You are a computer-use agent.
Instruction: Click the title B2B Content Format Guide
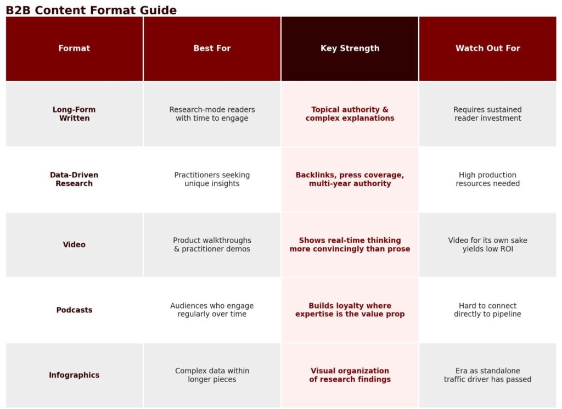point(91,10)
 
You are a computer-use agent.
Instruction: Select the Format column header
point(74,48)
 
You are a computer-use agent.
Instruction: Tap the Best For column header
point(212,48)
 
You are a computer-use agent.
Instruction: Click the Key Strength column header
point(350,48)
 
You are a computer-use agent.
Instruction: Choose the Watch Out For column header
point(487,48)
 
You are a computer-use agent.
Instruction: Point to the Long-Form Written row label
point(74,114)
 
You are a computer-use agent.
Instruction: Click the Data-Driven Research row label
point(74,179)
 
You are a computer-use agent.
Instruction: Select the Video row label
point(74,244)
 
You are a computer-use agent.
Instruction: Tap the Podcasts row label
point(74,310)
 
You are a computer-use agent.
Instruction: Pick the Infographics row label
point(74,375)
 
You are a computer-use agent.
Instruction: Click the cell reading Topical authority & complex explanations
point(350,114)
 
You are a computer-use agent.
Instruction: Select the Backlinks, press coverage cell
point(350,179)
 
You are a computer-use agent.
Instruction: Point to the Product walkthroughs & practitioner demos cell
point(212,244)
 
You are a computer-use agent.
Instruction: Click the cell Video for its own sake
point(487,244)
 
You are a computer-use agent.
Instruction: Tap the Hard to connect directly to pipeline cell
point(487,310)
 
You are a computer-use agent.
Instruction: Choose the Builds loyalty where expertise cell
point(350,310)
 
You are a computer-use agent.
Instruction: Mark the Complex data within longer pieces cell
point(212,375)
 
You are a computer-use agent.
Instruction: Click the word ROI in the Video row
point(507,249)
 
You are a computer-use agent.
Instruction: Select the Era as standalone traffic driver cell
point(487,375)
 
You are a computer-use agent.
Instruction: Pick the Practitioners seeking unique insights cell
point(212,179)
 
